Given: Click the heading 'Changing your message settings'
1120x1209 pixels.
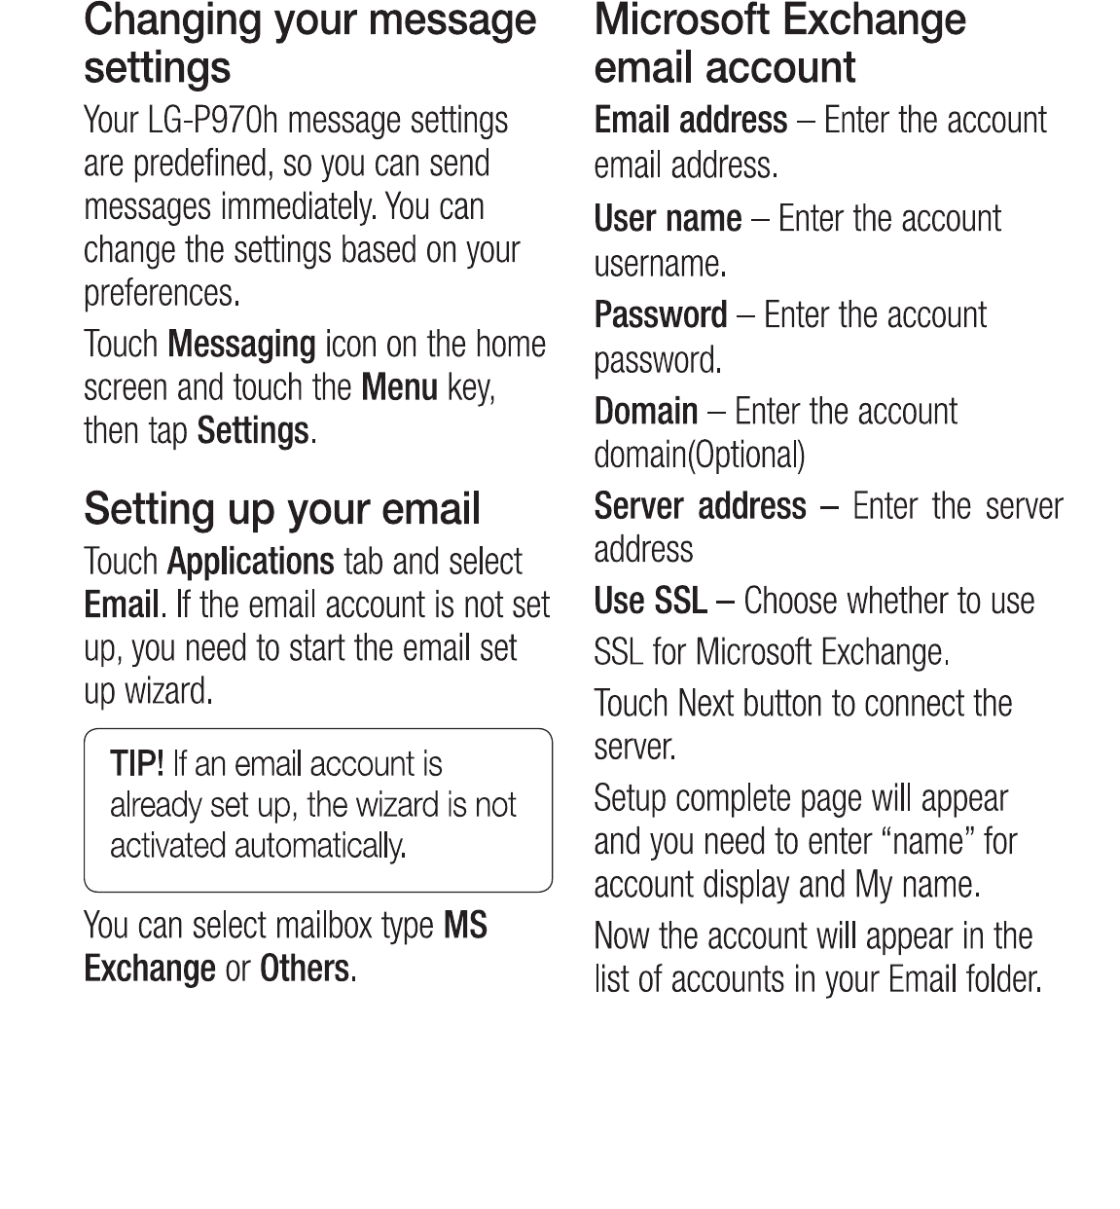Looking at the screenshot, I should tap(309, 44).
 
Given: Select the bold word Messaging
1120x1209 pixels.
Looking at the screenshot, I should tap(241, 345).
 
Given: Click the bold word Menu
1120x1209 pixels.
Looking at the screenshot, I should tap(399, 387).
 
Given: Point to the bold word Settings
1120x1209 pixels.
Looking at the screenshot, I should tap(252, 430).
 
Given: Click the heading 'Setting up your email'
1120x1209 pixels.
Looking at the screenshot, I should tap(282, 509).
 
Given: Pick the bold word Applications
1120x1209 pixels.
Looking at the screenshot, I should tap(250, 562).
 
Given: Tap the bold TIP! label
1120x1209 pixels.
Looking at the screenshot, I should tap(136, 763).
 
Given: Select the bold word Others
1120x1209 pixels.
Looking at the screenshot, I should tap(304, 969).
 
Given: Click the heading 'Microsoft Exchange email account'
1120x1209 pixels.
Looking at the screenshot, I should tap(778, 44).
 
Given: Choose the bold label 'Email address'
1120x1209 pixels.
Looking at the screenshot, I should tap(690, 121).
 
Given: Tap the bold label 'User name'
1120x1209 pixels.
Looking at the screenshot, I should tap(668, 219).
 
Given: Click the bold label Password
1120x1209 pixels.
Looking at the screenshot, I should tap(660, 315).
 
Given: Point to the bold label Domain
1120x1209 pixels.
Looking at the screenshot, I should tap(645, 412).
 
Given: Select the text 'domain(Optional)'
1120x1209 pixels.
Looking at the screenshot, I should tap(699, 455).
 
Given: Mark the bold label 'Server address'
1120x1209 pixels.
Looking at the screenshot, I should tap(700, 506).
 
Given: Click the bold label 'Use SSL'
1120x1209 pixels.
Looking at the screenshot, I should tap(650, 602).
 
